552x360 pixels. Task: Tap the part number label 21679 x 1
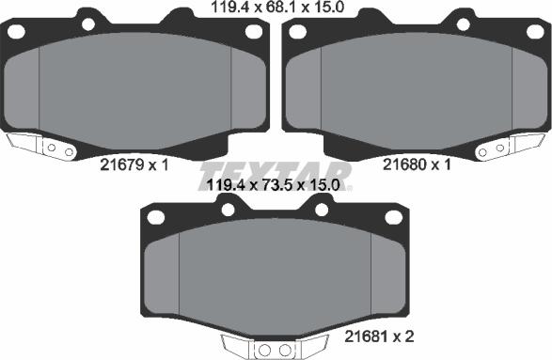[133, 164]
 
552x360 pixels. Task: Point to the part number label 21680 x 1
[418, 164]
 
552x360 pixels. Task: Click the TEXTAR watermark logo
[276, 175]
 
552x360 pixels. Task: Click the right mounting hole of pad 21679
[252, 31]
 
